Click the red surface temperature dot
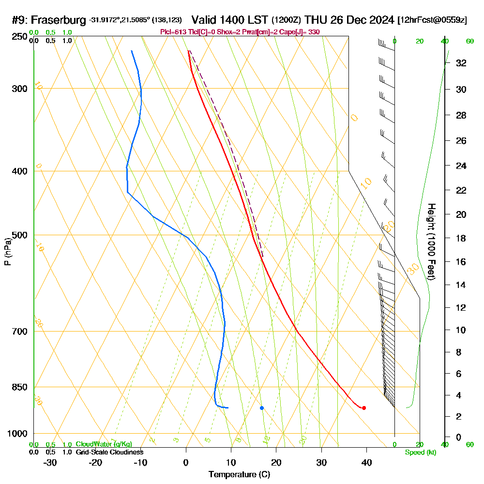pos(363,408)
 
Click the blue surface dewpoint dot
pos(262,408)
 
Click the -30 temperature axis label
pos(50,462)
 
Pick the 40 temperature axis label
pos(366,462)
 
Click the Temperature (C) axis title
pos(239,474)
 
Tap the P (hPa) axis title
pos(7,251)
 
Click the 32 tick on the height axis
pos(461,63)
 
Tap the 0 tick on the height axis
pos(458,437)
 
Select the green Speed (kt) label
pos(420,452)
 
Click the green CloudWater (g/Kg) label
pos(104,444)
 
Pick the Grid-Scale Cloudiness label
pos(109,452)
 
